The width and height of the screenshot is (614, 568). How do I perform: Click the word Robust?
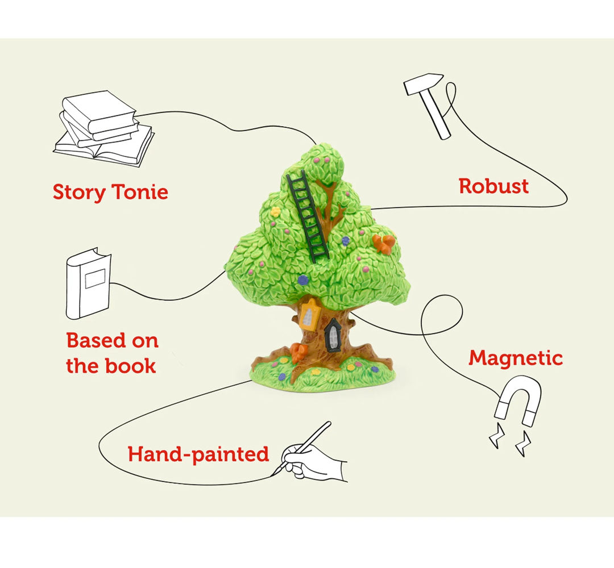click(x=493, y=186)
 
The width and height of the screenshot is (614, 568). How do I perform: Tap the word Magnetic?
click(x=516, y=358)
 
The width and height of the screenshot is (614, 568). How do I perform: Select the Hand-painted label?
click(x=198, y=455)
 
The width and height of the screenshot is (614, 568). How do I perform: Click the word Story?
click(x=79, y=193)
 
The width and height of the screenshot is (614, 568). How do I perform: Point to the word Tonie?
click(x=140, y=191)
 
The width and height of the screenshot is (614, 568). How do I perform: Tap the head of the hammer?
click(x=424, y=83)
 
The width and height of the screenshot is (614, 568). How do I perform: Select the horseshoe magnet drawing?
click(x=518, y=401)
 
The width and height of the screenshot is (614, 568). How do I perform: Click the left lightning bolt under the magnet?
click(x=496, y=435)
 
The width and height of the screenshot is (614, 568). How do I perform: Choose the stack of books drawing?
click(x=104, y=128)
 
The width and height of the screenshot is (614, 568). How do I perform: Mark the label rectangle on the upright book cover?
click(x=95, y=278)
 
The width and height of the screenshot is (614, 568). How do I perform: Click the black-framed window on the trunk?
click(x=333, y=335)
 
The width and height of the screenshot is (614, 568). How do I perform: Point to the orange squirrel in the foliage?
click(x=383, y=244)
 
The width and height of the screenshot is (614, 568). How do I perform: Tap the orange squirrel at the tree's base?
click(x=299, y=353)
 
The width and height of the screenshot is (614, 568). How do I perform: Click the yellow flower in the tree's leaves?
click(x=275, y=212)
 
